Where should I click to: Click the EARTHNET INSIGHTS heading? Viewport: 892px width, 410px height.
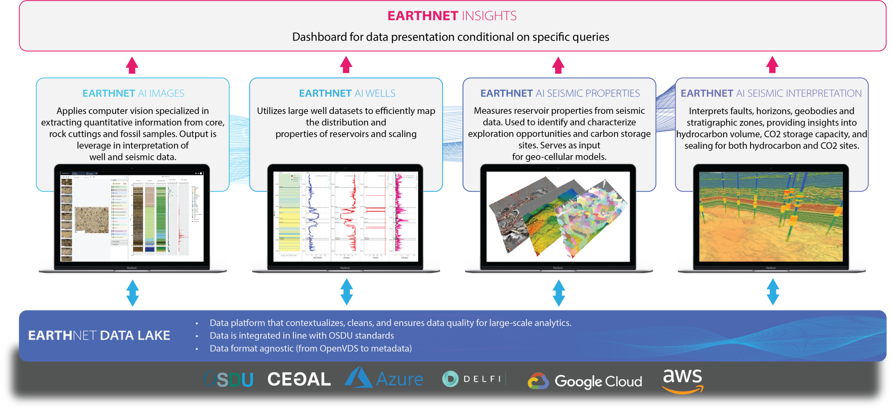[x=452, y=16]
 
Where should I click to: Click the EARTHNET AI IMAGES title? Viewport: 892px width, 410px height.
[x=133, y=93]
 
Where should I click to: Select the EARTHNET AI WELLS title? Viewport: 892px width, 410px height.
[x=347, y=93]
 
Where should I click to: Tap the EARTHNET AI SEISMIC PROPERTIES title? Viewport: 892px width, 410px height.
[x=560, y=93]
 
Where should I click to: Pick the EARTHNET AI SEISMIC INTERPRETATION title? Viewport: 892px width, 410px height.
[x=771, y=93]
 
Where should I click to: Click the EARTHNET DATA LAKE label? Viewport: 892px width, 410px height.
[x=99, y=335]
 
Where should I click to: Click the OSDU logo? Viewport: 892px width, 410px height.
[x=228, y=379]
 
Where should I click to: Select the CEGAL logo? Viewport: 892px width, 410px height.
[x=299, y=379]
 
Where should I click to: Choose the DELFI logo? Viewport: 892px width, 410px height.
[x=473, y=379]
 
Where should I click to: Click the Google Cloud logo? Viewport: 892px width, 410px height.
[x=585, y=381]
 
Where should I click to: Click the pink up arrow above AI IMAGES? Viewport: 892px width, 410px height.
[x=132, y=65]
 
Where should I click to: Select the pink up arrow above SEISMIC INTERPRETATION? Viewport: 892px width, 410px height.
[x=772, y=65]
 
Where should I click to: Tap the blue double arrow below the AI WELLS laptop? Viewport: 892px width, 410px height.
[x=346, y=292]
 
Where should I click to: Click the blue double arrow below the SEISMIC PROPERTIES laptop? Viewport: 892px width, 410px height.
[x=559, y=293]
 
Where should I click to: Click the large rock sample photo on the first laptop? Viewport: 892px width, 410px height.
[x=92, y=220]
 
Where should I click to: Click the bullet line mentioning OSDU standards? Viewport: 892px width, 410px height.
[x=302, y=335]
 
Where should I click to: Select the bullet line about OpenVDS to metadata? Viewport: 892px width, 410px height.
[x=310, y=348]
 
